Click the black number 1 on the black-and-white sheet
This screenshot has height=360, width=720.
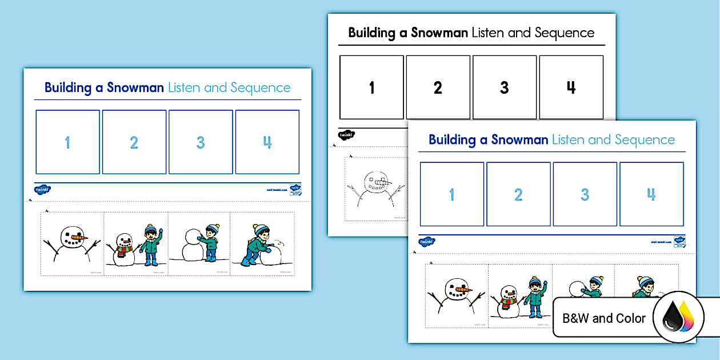click(372, 87)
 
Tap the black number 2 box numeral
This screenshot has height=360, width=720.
click(438, 87)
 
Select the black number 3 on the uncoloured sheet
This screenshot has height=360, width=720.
click(504, 87)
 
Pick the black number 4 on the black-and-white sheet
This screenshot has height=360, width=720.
click(571, 87)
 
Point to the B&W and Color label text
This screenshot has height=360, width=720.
click(604, 318)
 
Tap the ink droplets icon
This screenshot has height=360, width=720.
click(678, 317)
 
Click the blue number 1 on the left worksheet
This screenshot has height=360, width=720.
click(67, 142)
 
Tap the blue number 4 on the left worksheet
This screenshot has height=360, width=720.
click(267, 142)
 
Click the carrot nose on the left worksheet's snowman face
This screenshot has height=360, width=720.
click(82, 236)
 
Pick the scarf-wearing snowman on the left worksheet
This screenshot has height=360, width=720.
click(123, 249)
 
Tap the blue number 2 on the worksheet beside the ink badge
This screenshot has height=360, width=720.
click(518, 195)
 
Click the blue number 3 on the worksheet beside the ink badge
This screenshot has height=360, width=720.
click(585, 195)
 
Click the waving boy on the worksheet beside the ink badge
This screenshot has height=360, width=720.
click(535, 296)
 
